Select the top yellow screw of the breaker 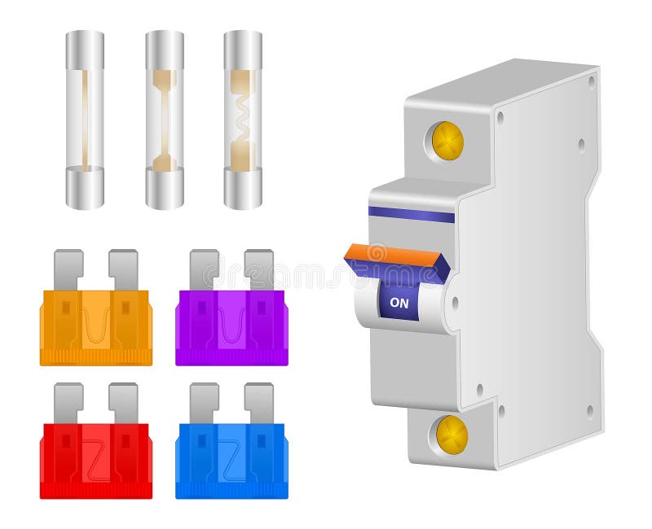click(447, 141)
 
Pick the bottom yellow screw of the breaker click(452, 435)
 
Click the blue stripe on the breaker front click(412, 214)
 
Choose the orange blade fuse click(96, 326)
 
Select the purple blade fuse click(231, 326)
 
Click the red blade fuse click(96, 460)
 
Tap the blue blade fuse click(231, 460)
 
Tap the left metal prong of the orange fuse click(68, 269)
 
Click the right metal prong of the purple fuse click(259, 269)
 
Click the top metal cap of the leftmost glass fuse click(85, 50)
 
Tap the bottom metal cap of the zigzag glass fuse click(243, 189)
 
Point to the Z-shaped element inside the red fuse click(96, 460)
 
